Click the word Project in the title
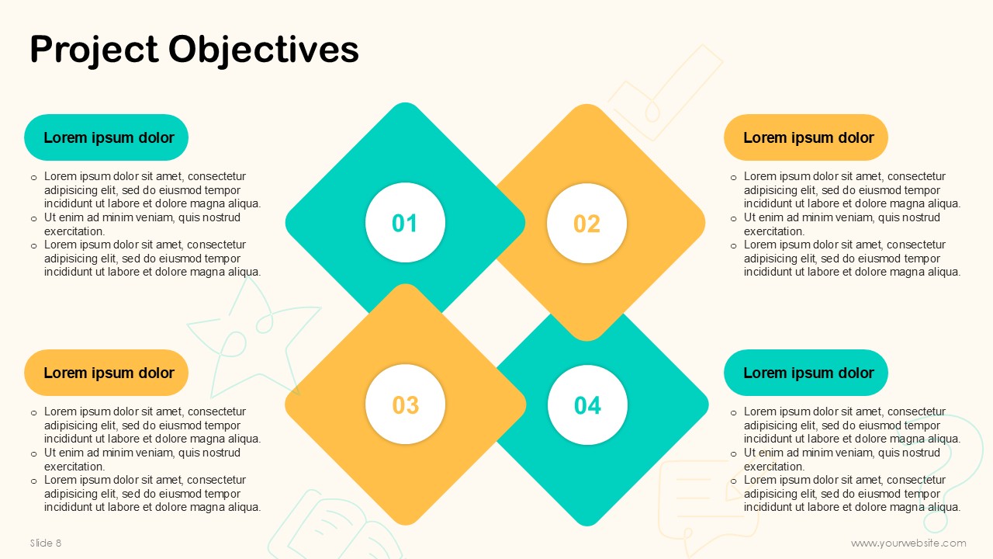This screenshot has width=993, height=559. point(94,50)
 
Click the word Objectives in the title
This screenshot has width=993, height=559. point(263,50)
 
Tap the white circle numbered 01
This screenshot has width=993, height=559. point(405,223)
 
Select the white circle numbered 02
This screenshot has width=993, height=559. point(587,223)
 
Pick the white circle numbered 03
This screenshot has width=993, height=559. point(405,404)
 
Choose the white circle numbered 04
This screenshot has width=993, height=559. point(587,405)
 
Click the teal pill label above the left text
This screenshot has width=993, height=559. point(106,137)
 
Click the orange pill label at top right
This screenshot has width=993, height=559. point(806,137)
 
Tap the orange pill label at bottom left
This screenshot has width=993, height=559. point(106,373)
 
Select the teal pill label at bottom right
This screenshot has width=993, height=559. point(806,373)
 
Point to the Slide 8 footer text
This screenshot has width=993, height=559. point(46,543)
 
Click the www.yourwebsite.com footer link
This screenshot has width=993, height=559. point(908,543)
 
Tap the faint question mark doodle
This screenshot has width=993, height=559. point(953,435)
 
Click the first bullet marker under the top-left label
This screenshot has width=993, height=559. point(33,178)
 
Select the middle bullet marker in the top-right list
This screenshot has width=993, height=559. point(734,219)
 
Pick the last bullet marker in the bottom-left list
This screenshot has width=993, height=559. point(33,481)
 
